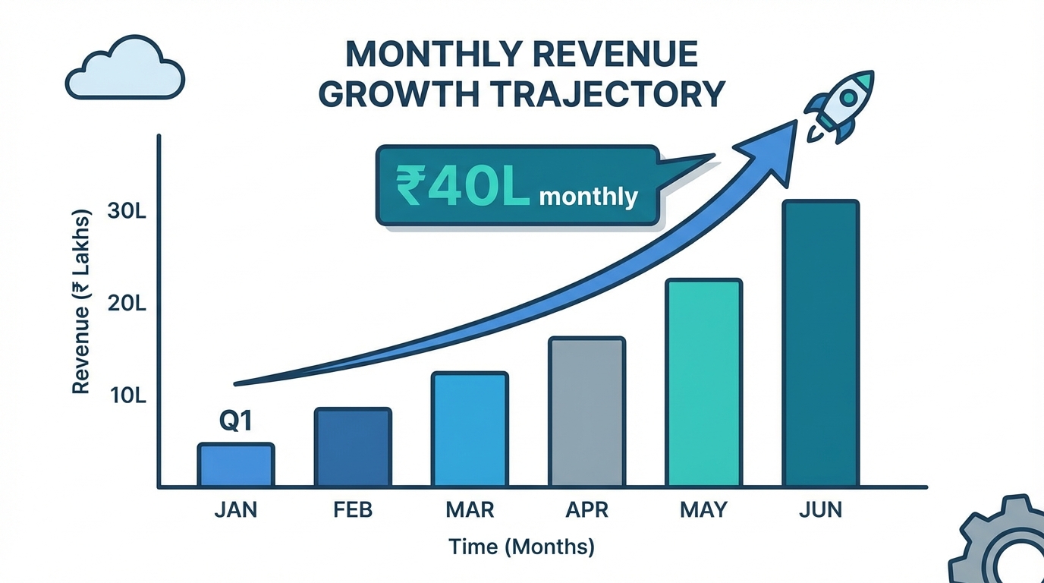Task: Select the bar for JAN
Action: pyautogui.click(x=235, y=465)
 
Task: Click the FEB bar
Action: pyautogui.click(x=353, y=447)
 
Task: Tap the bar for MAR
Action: pyautogui.click(x=470, y=429)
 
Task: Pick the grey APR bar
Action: pyautogui.click(x=587, y=411)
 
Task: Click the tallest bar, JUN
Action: pyautogui.click(x=820, y=343)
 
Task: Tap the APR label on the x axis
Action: pyautogui.click(x=587, y=509)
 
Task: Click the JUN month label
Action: pyautogui.click(x=820, y=509)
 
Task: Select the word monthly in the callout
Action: pyautogui.click(x=588, y=197)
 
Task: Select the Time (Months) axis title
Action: pyautogui.click(x=522, y=547)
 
